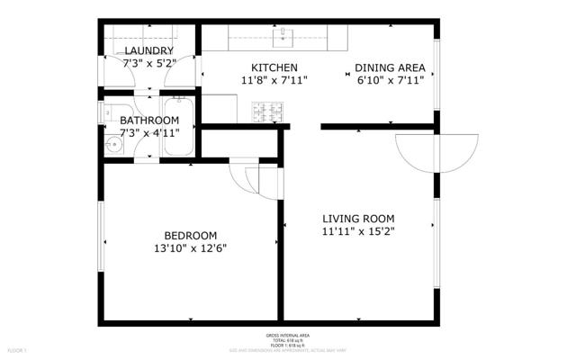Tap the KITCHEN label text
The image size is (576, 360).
[274, 67]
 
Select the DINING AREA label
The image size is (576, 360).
[389, 67]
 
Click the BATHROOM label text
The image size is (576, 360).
[149, 120]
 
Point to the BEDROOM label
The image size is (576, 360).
[190, 236]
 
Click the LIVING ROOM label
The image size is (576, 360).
[358, 219]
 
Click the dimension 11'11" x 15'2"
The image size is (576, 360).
[358, 231]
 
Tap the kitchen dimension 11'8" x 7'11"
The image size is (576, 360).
[274, 80]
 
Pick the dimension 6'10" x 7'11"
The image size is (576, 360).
[389, 80]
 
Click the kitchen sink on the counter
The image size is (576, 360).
[285, 37]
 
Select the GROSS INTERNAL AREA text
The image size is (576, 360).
[287, 335]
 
